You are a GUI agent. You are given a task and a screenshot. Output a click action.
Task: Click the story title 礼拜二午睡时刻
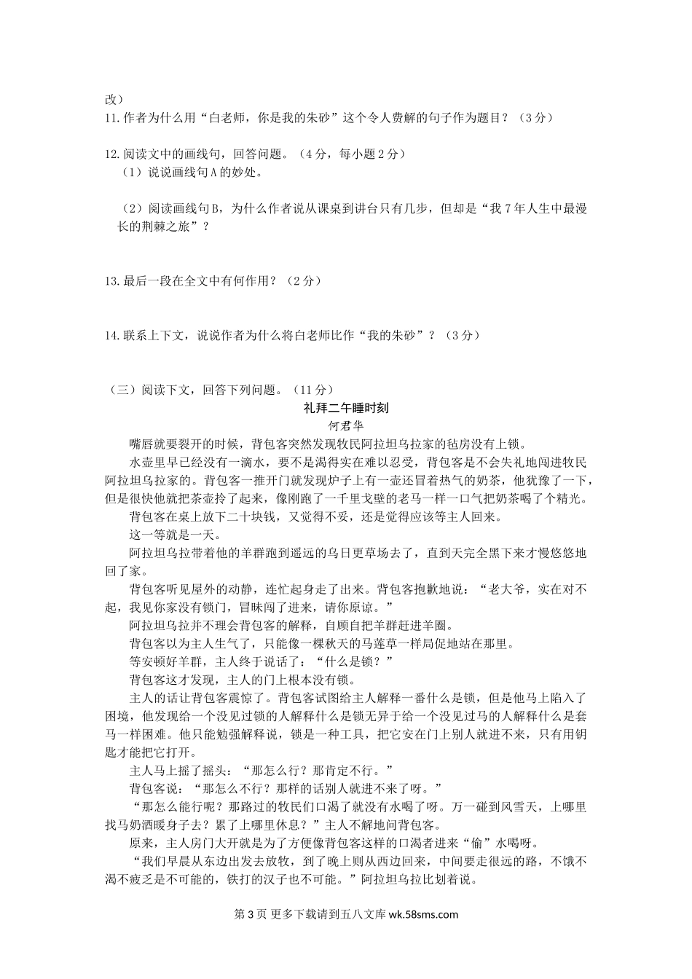[x=346, y=408]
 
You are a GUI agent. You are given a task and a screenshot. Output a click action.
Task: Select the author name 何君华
[x=346, y=426]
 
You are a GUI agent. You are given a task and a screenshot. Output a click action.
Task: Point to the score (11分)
[x=314, y=390]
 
